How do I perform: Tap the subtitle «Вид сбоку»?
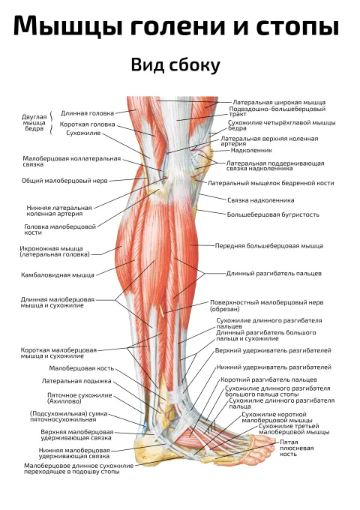(x=175, y=64)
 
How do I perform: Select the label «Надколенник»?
(x=251, y=150)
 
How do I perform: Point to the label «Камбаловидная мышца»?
(x=58, y=274)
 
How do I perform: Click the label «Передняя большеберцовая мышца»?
(x=269, y=246)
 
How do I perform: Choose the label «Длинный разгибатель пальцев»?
(x=274, y=273)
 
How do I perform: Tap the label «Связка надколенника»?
(x=260, y=200)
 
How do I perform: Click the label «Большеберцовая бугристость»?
(x=273, y=214)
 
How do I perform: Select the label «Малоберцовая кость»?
(x=81, y=368)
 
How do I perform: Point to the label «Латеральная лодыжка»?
(x=76, y=381)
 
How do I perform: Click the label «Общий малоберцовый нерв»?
(x=64, y=181)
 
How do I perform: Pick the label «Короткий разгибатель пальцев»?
(x=268, y=379)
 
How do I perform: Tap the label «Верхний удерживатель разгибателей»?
(x=273, y=351)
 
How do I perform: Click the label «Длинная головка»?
(x=87, y=113)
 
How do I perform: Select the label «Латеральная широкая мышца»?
(x=279, y=103)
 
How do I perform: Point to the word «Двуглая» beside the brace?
(x=34, y=117)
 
